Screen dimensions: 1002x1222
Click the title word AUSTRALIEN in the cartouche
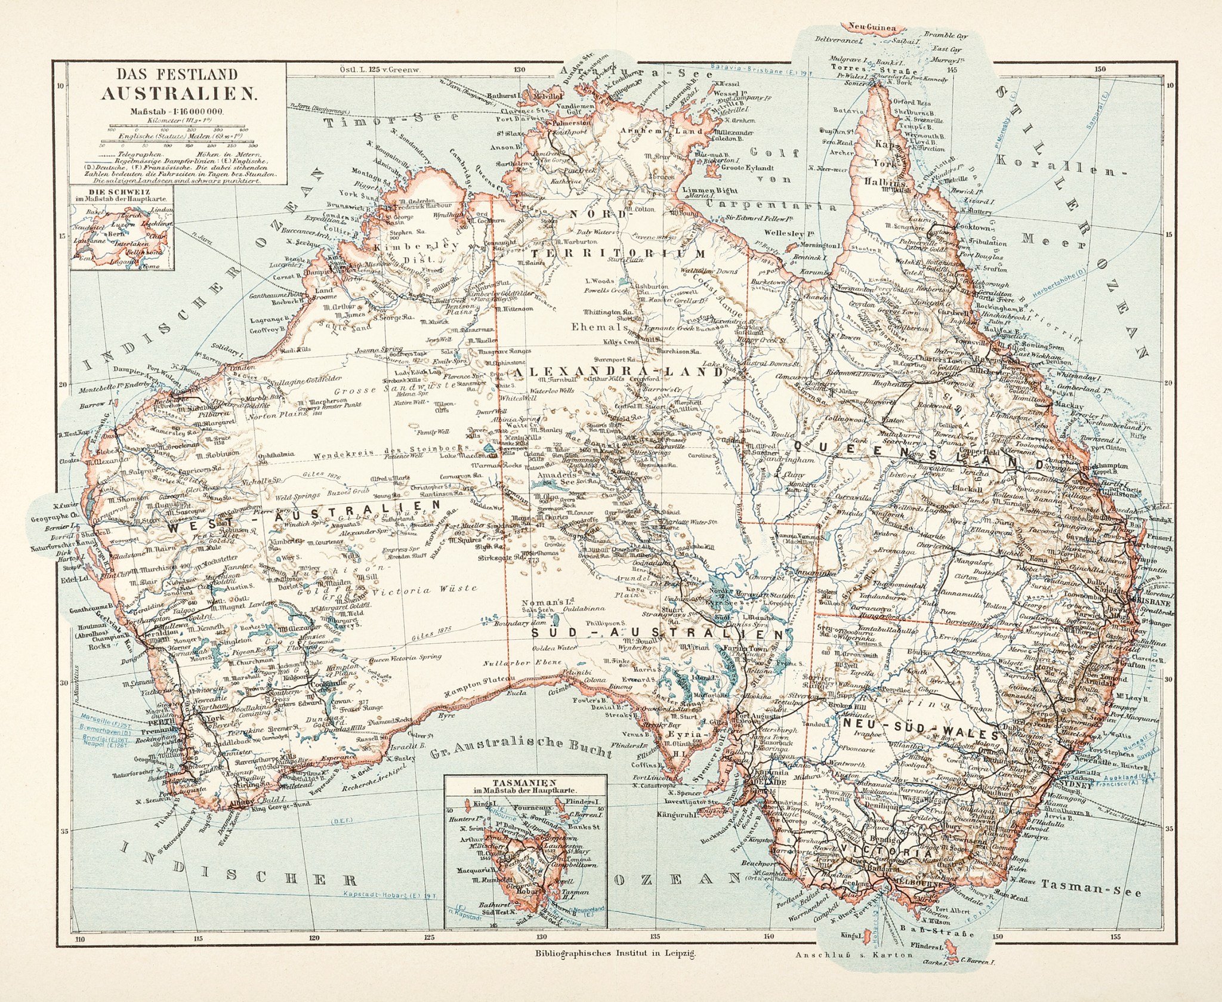pos(178,94)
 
